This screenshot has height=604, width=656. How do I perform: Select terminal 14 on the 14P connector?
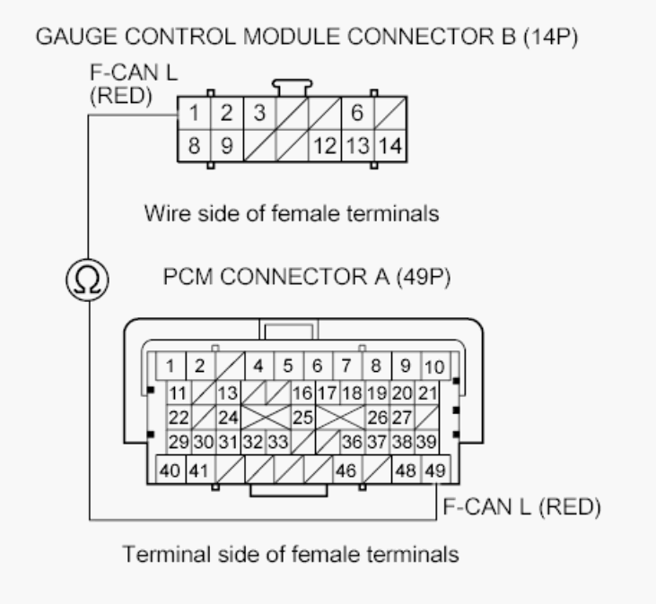point(389,143)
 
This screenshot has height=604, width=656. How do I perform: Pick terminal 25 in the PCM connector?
point(302,417)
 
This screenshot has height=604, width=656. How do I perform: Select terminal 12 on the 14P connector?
point(325,143)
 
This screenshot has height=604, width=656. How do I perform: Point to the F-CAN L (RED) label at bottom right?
point(521,507)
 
